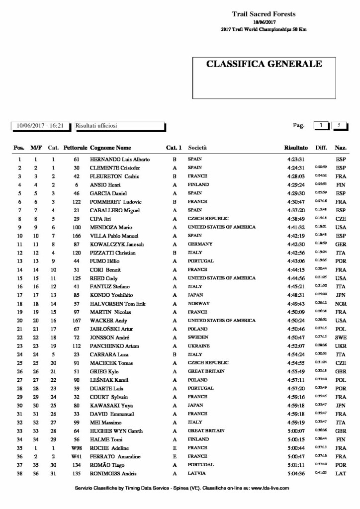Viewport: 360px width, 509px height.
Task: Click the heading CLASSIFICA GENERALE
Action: pyautogui.click(x=264, y=64)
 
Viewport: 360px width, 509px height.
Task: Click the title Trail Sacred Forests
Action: pyautogui.click(x=264, y=14)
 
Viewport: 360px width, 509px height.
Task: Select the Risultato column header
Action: pyautogui.click(x=296, y=148)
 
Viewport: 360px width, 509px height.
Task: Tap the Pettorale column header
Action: pyautogui.click(x=76, y=148)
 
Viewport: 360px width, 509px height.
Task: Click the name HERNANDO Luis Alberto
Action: pyautogui.click(x=119, y=160)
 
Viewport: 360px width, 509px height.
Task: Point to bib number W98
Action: pyautogui.click(x=76, y=447)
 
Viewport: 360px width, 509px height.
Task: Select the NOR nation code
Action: pyautogui.click(x=341, y=304)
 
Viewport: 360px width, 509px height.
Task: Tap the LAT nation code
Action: pyautogui.click(x=341, y=473)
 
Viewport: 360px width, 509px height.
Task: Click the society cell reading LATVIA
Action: pyautogui.click(x=197, y=473)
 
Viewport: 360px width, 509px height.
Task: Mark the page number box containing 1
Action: pyautogui.click(x=321, y=126)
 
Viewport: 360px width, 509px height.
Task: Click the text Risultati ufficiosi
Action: pyautogui.click(x=96, y=126)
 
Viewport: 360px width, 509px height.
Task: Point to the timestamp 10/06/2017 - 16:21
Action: pyautogui.click(x=40, y=126)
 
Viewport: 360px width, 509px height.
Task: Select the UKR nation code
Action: pyautogui.click(x=341, y=346)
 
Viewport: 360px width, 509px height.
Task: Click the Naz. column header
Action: pyautogui.click(x=341, y=148)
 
